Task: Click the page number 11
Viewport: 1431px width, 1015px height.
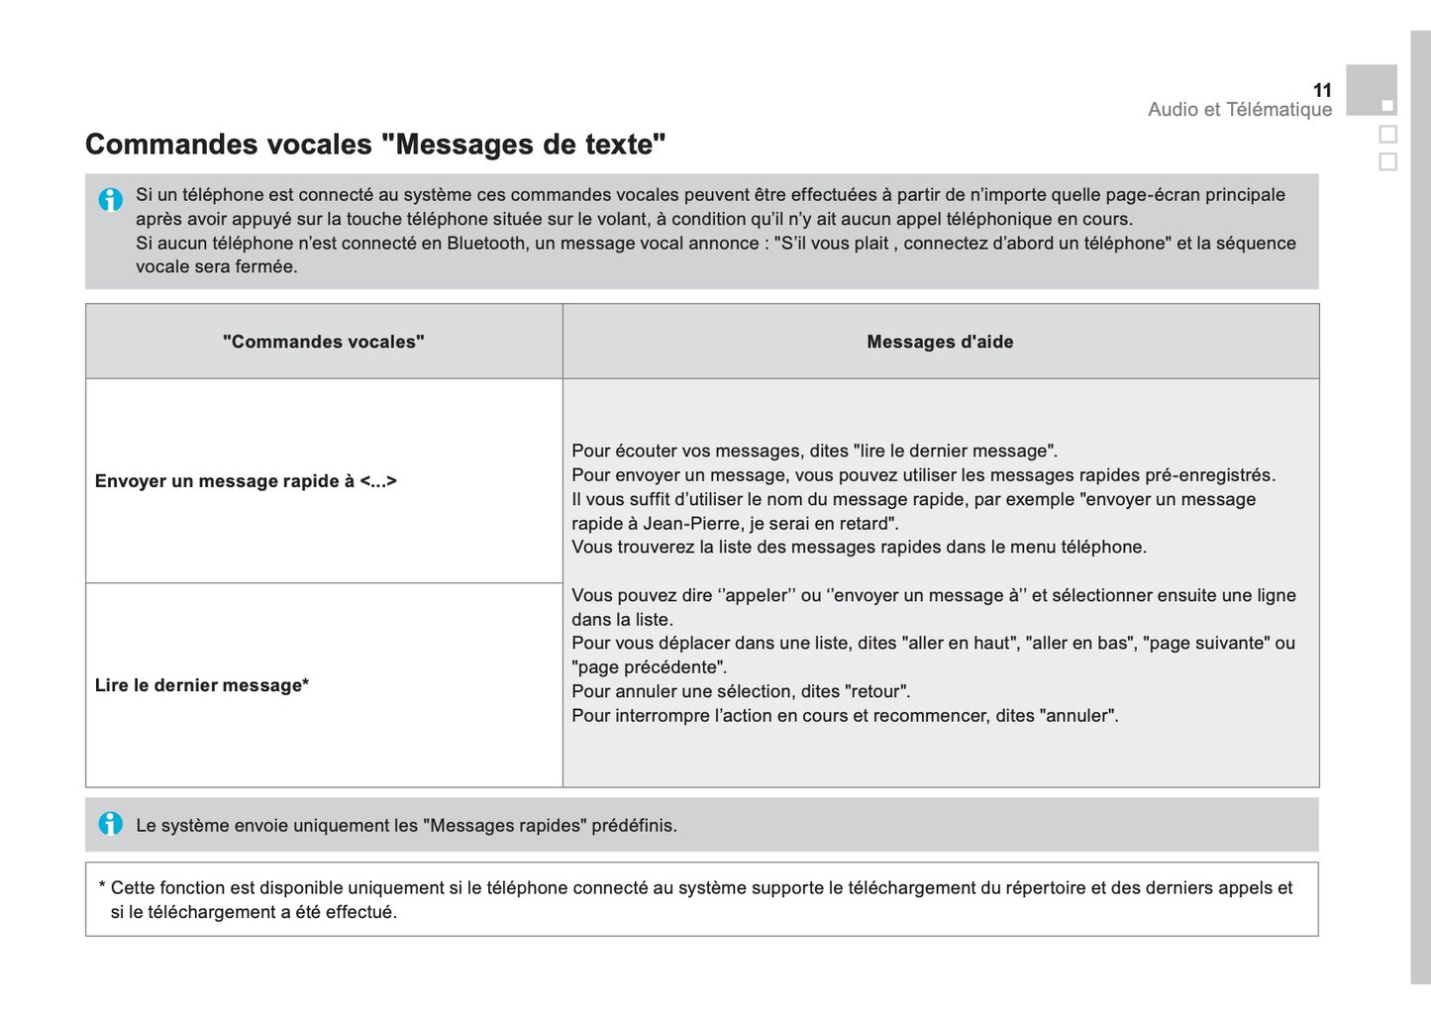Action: [x=1322, y=90]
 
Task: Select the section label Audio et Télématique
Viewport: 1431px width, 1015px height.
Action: [x=1240, y=110]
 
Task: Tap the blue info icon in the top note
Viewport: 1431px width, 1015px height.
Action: [x=111, y=199]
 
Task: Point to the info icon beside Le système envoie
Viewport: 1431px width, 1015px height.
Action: [x=111, y=824]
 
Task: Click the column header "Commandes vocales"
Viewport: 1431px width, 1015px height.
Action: [x=324, y=342]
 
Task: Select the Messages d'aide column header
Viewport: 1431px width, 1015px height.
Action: [x=940, y=342]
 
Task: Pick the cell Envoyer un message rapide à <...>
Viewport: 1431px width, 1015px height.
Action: [x=246, y=481]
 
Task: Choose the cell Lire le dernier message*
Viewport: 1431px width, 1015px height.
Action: [x=202, y=685]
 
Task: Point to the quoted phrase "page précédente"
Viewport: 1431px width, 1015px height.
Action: [x=649, y=667]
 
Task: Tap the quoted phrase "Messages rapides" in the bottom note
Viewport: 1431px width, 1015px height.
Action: [x=505, y=826]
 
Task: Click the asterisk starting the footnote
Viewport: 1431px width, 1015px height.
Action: [x=102, y=887]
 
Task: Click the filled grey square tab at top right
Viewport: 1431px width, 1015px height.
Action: [x=1372, y=90]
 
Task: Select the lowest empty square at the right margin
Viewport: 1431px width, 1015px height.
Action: [x=1388, y=161]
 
